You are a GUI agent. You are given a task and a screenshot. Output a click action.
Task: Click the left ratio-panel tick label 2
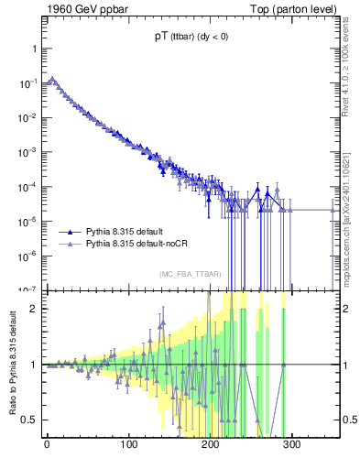point(33,309)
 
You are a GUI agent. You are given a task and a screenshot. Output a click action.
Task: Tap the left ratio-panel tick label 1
point(33,365)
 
